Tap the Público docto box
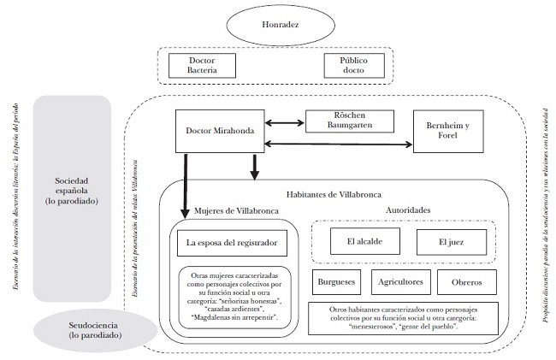click(x=352, y=66)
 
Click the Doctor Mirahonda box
click(x=216, y=131)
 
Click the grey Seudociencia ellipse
click(x=71, y=333)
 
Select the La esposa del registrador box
click(x=233, y=243)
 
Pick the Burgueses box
click(x=335, y=282)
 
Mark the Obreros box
click(x=467, y=282)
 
